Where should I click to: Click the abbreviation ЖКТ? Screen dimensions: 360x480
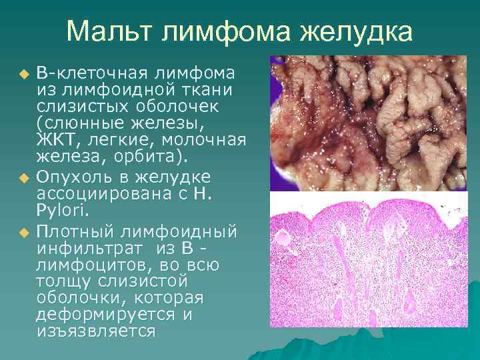click(x=55, y=141)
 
